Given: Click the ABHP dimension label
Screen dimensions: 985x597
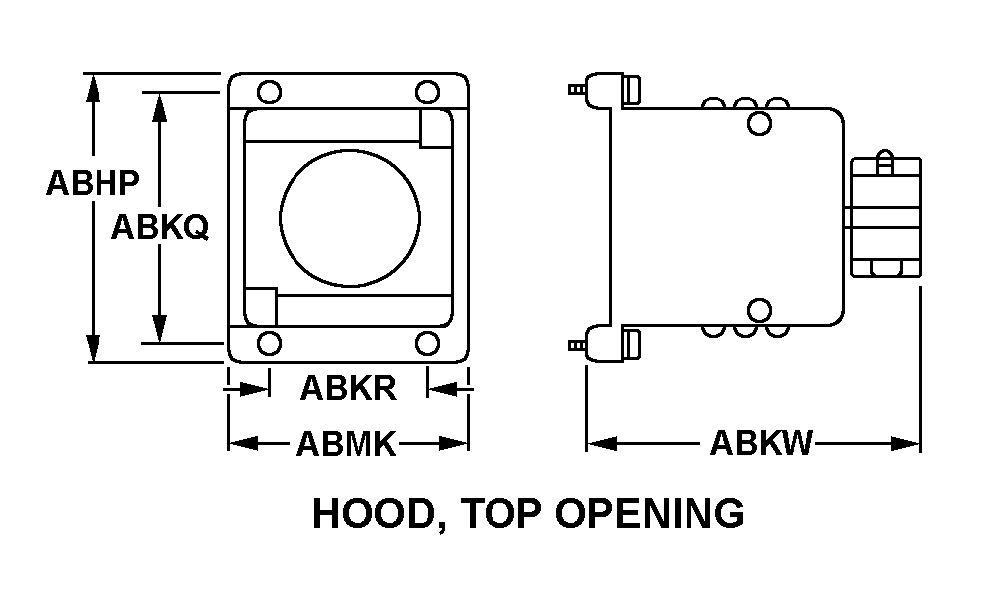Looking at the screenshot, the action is [x=93, y=183].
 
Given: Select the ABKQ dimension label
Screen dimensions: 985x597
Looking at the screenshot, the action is [x=160, y=226].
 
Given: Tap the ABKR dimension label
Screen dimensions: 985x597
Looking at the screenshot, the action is [x=348, y=388].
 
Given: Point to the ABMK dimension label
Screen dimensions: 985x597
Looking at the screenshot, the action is [x=346, y=444].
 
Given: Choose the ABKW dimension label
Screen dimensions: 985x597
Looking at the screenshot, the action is [x=761, y=443].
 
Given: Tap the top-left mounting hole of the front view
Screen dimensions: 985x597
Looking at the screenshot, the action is [x=269, y=92].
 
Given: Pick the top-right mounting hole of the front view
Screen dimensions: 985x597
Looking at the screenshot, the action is [x=427, y=92].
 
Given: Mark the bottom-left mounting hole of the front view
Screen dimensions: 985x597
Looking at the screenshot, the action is [x=269, y=343].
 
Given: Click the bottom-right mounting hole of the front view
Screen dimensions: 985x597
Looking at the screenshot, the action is [x=427, y=343].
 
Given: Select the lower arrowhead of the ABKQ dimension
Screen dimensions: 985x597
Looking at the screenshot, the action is [x=160, y=329].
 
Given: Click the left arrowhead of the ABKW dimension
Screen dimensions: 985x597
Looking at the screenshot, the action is [x=601, y=444].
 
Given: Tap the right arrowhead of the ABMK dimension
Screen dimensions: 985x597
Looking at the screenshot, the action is [x=454, y=444].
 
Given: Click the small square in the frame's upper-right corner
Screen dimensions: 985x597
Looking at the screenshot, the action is [x=436, y=129].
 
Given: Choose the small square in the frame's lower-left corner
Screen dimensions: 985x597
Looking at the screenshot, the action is [x=260, y=306].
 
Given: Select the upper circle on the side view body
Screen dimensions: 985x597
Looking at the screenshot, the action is [x=759, y=123].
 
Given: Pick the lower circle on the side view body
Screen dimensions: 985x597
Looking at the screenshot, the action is [x=759, y=311].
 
